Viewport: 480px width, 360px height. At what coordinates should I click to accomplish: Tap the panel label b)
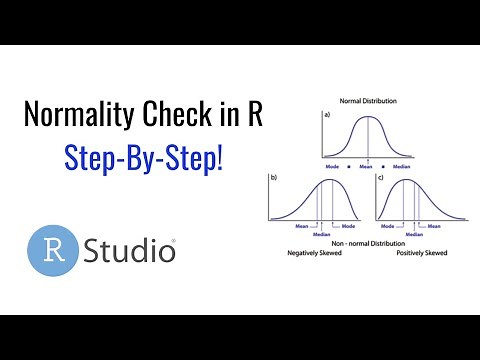point(271,177)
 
